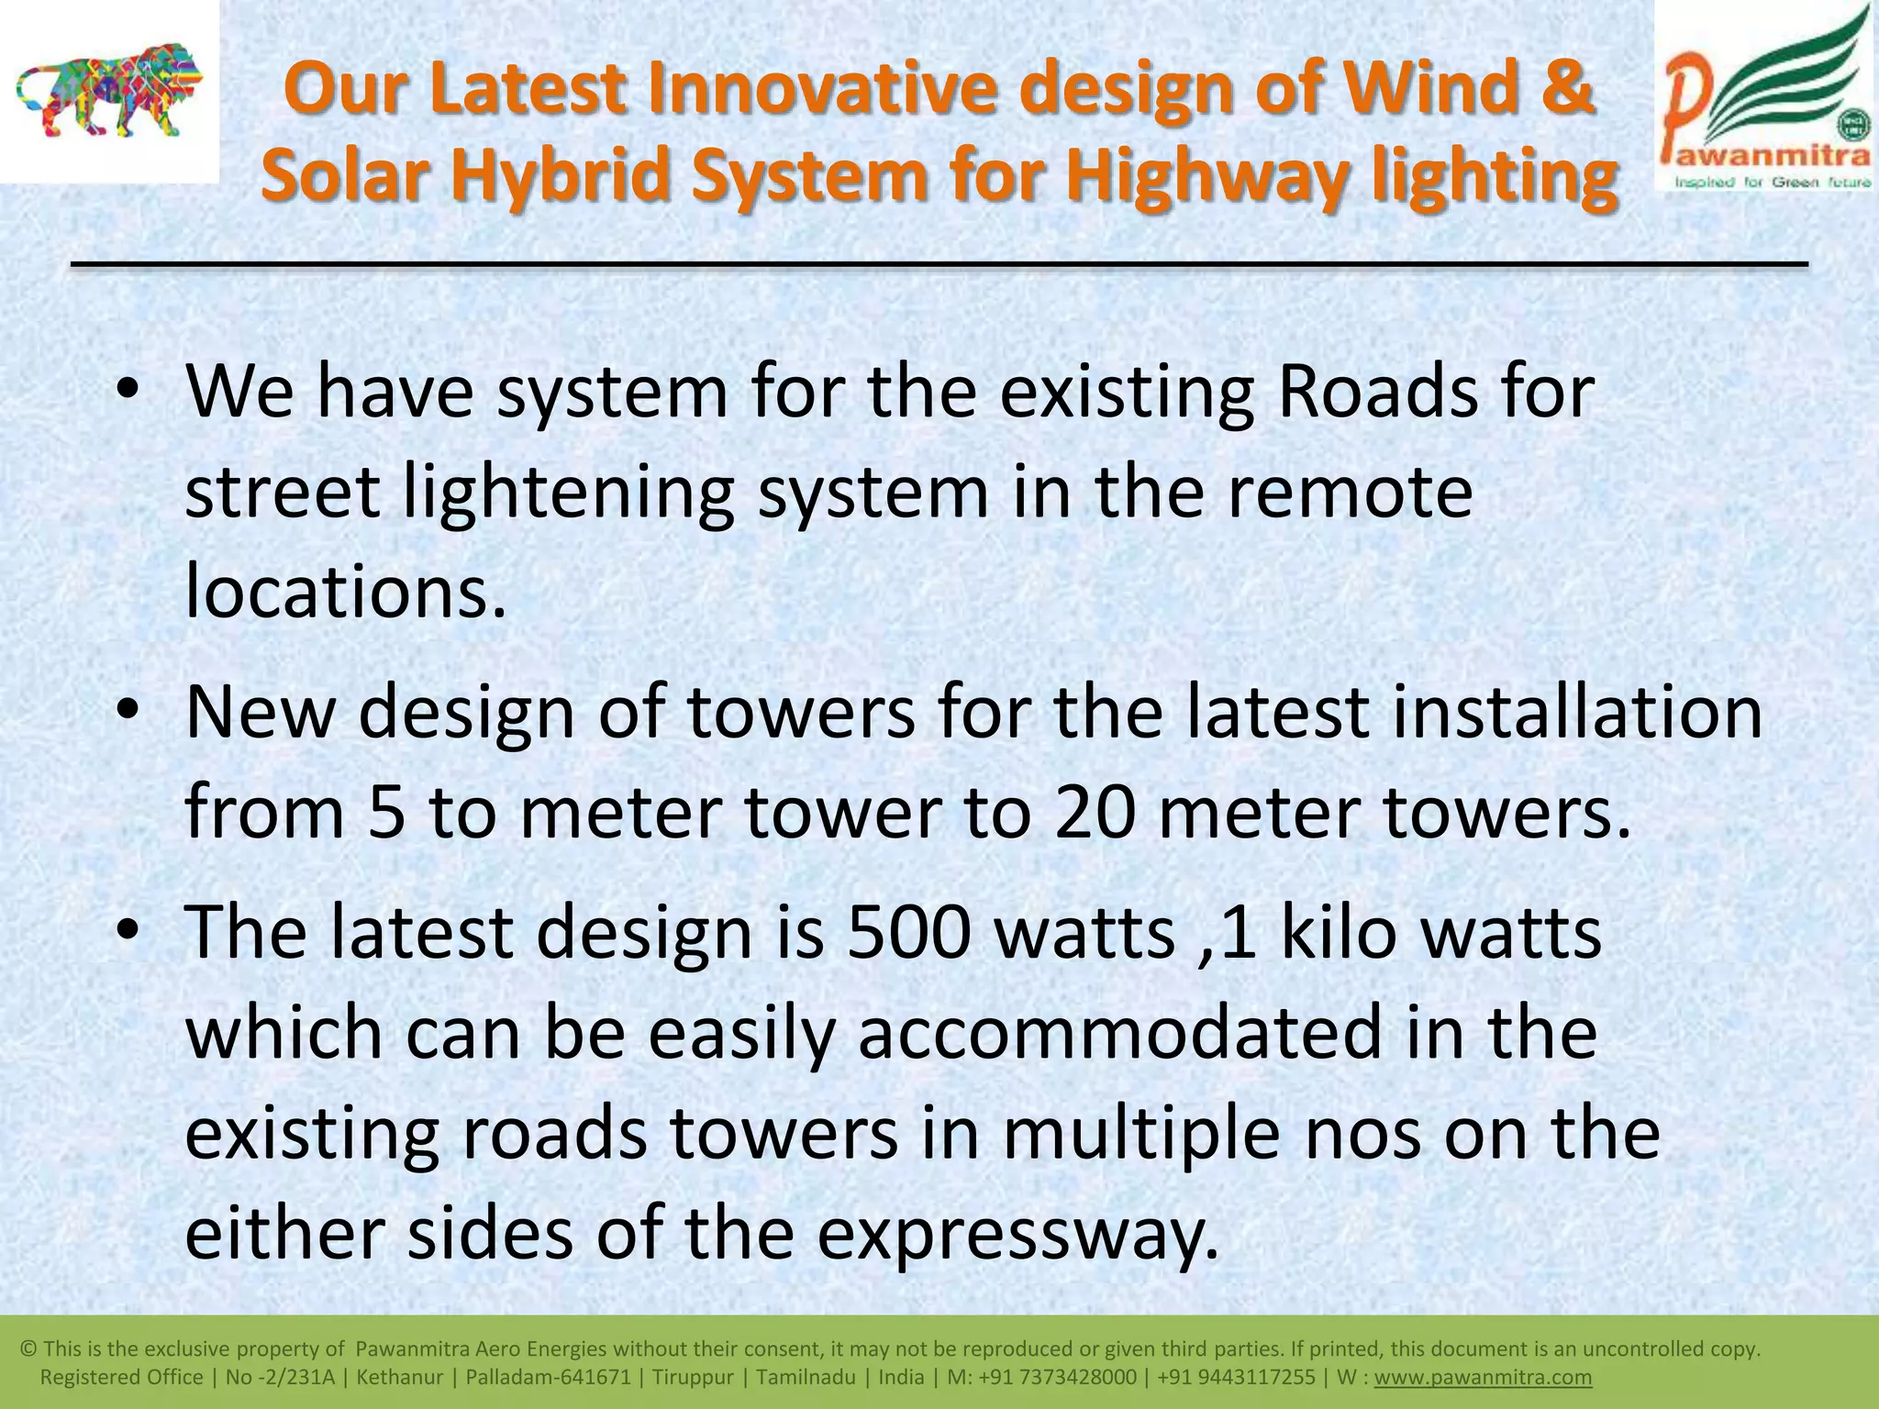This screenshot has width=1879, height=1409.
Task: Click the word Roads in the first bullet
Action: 1377,392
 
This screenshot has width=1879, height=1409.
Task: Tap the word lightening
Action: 568,493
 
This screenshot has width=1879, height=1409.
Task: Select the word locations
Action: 346,592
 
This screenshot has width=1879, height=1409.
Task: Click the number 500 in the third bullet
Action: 908,932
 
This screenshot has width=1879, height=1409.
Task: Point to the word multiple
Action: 1141,1133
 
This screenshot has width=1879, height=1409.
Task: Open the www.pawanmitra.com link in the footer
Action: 1483,1377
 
